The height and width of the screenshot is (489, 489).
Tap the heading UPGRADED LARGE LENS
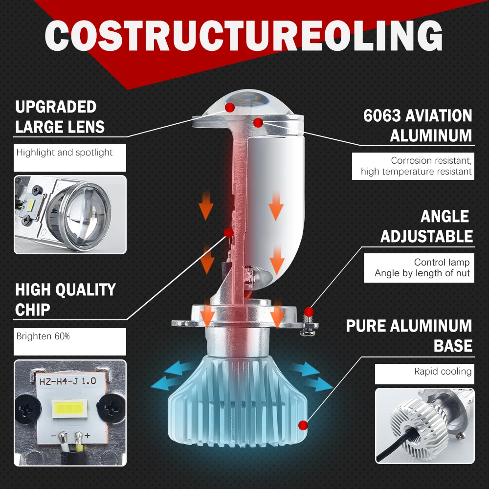click(x=60, y=117)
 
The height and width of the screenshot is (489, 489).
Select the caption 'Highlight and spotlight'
click(x=65, y=153)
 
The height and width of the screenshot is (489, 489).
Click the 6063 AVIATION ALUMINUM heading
click(x=418, y=125)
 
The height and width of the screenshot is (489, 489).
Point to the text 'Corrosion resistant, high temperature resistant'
click(x=416, y=166)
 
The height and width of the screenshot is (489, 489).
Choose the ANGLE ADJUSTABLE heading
click(x=426, y=226)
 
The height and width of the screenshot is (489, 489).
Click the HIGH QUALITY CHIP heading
click(x=65, y=299)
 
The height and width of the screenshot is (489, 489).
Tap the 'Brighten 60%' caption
click(x=43, y=336)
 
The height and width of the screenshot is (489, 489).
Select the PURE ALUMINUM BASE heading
click(x=409, y=335)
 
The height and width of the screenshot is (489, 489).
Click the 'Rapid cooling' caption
click(x=443, y=372)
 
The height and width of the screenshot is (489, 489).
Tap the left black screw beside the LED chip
click(x=27, y=407)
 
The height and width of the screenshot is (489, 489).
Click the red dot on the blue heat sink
click(x=304, y=424)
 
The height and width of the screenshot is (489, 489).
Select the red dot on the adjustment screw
click(x=308, y=311)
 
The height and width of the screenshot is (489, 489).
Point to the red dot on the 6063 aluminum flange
click(x=258, y=122)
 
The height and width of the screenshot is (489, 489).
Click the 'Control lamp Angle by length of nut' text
click(x=422, y=268)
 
